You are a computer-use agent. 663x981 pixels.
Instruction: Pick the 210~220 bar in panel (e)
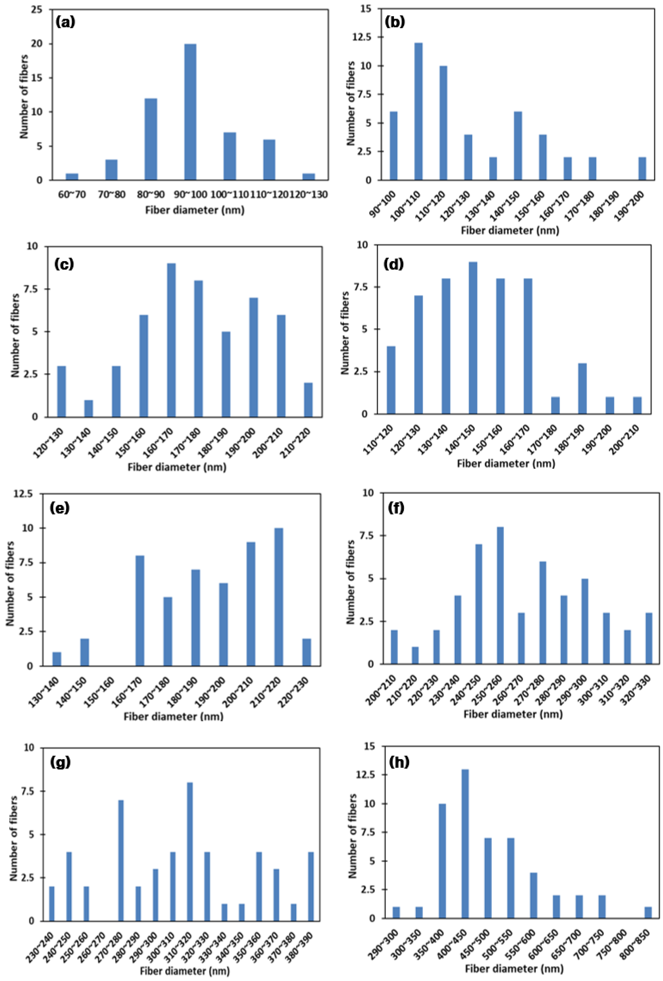tap(278, 597)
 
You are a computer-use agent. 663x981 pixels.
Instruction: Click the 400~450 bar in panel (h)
tap(465, 843)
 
